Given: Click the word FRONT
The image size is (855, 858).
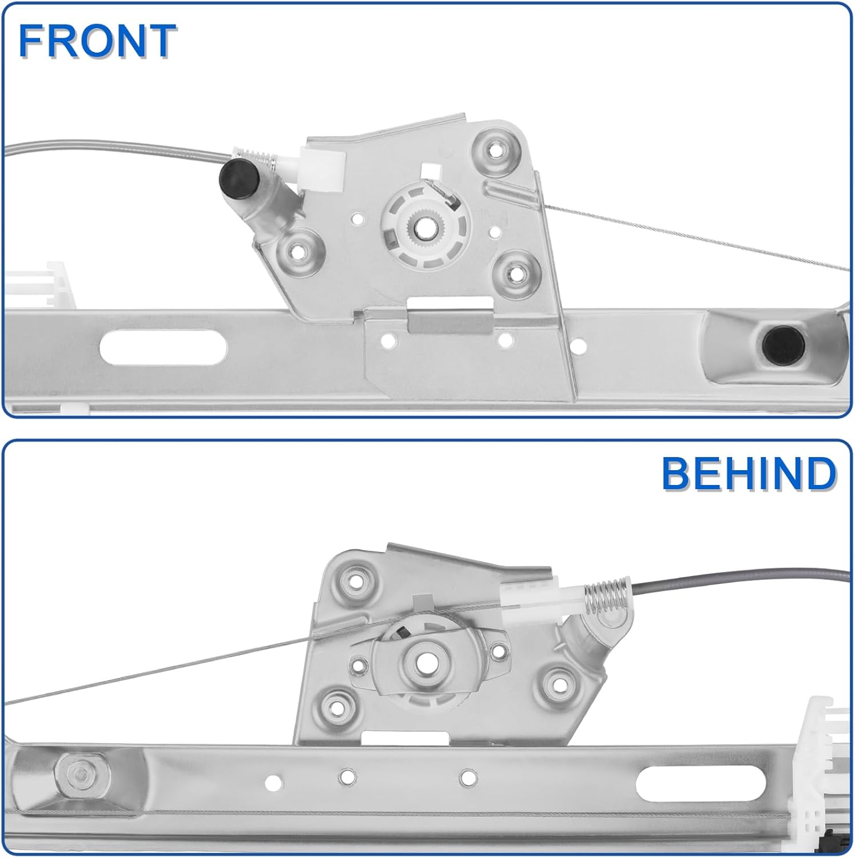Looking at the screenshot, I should tap(97, 41).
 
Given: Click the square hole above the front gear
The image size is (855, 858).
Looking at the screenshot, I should tap(428, 170).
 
